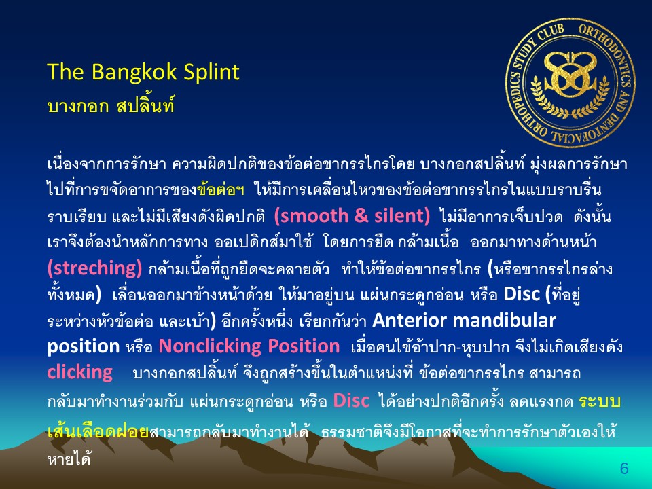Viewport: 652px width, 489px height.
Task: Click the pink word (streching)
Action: [x=95, y=268]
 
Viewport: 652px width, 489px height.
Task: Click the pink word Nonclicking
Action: [x=210, y=346]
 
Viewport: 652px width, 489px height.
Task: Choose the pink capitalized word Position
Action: [x=303, y=346]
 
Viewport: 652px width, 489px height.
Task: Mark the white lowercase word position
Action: [x=83, y=346]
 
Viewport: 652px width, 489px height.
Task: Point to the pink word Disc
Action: [x=351, y=401]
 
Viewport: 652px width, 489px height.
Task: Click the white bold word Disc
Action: [x=522, y=294]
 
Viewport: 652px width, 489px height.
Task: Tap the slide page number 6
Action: [x=624, y=469]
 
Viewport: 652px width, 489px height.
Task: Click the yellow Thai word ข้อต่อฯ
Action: [x=221, y=190]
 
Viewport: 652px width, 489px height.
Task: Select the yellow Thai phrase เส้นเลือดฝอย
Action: [x=98, y=431]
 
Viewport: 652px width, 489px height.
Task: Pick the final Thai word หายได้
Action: [x=69, y=458]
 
